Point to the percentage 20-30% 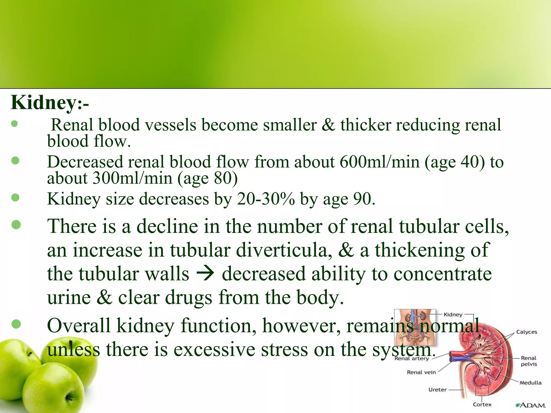click(x=266, y=199)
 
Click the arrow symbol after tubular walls click(x=205, y=274)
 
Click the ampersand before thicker click(x=328, y=125)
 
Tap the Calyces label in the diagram click(x=527, y=332)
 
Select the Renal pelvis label click(x=529, y=361)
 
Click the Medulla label click(x=530, y=383)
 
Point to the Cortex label click(x=482, y=404)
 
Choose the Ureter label click(x=437, y=390)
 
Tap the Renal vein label click(x=421, y=372)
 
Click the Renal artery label click(x=412, y=359)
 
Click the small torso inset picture click(x=415, y=327)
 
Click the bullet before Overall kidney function click(x=16, y=324)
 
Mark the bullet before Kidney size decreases click(x=16, y=198)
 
